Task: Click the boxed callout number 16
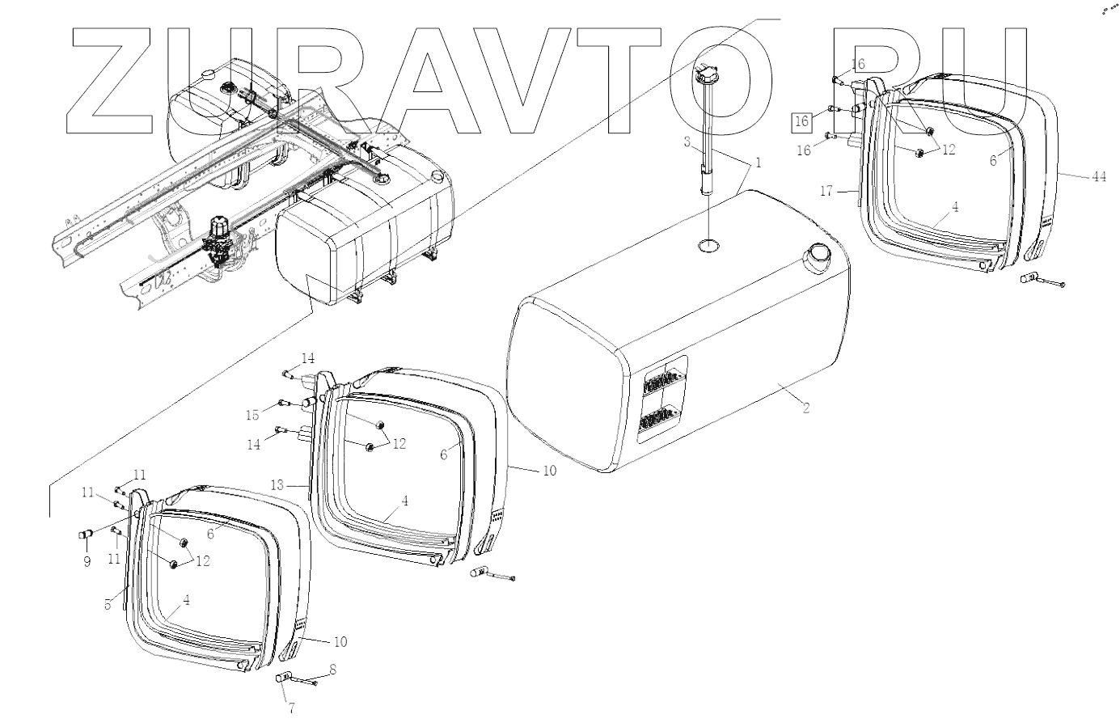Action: coord(801,121)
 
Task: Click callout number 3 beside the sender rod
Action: coord(687,143)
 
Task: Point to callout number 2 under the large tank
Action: coord(806,408)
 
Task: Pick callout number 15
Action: coord(252,415)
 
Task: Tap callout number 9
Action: coord(87,561)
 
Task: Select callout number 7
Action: coord(291,708)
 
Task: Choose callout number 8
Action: coord(332,670)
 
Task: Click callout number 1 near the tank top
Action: coord(758,163)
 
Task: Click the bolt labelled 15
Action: coord(283,403)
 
